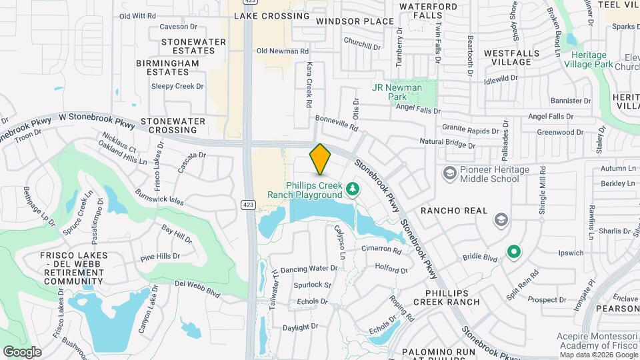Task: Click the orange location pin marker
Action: pyautogui.click(x=321, y=159)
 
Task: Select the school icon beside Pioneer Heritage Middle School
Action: pyautogui.click(x=449, y=173)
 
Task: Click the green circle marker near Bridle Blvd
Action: pyautogui.click(x=513, y=252)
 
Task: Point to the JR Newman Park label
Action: pyautogui.click(x=397, y=92)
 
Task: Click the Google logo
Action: pyautogui.click(x=22, y=351)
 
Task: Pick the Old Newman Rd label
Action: pyautogui.click(x=283, y=51)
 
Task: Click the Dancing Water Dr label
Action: pyautogui.click(x=309, y=269)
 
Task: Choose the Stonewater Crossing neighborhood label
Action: pyautogui.click(x=173, y=125)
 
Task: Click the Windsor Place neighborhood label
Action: pyautogui.click(x=355, y=21)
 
